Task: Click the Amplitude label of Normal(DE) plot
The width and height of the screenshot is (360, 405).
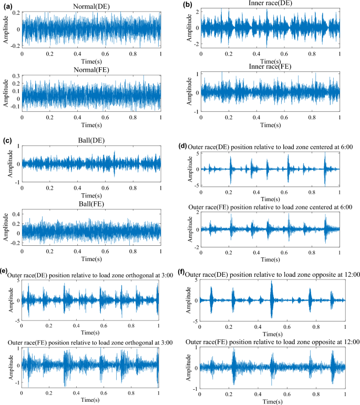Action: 5,29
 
